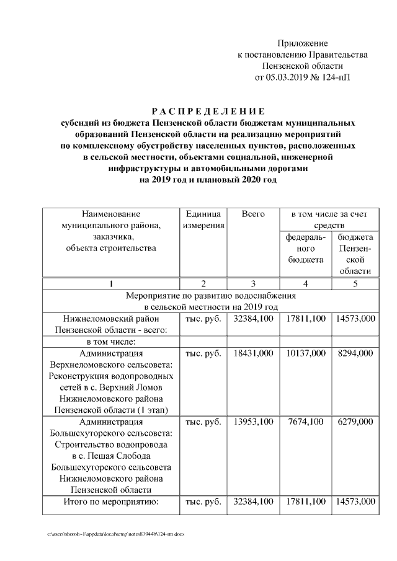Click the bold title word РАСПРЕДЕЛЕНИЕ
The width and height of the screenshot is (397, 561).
coord(208,112)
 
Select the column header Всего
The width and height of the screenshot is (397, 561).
coord(253,214)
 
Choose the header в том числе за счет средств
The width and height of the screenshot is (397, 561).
coord(329,219)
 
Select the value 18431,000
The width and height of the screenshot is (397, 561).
coord(253,353)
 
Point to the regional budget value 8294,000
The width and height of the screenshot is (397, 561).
coord(355,353)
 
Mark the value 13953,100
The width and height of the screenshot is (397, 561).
coord(253,422)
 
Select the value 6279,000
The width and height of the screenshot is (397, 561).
coord(355,422)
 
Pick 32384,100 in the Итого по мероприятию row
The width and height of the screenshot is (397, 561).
coord(253,501)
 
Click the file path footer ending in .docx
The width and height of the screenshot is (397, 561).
coord(115,534)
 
